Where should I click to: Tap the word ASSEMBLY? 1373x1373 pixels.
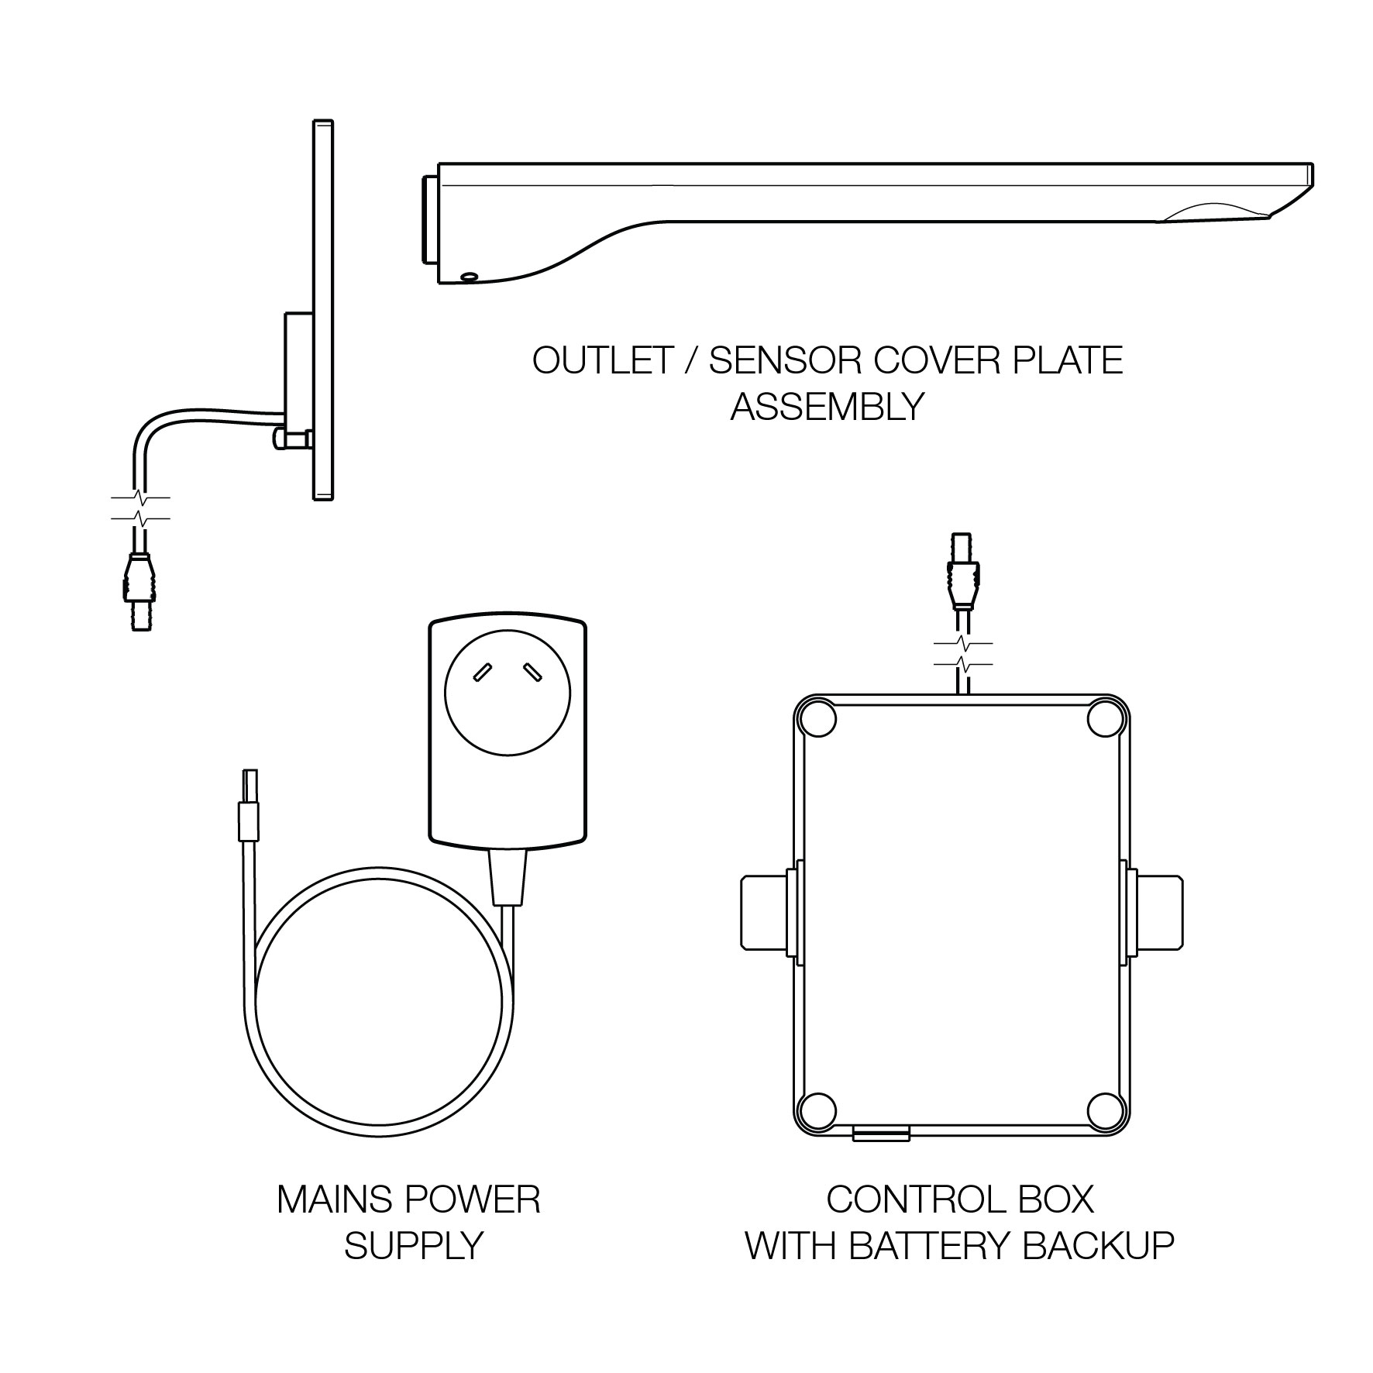tap(828, 406)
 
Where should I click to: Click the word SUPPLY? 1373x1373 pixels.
tap(413, 1245)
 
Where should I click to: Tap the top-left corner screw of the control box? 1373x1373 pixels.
tap(818, 719)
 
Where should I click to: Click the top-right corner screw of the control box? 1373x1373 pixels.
tap(1105, 719)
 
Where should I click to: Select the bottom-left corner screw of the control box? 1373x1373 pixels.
tap(818, 1110)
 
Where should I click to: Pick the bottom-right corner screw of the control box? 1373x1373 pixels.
tap(1105, 1110)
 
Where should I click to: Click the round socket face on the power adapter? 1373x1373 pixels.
tap(508, 693)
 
